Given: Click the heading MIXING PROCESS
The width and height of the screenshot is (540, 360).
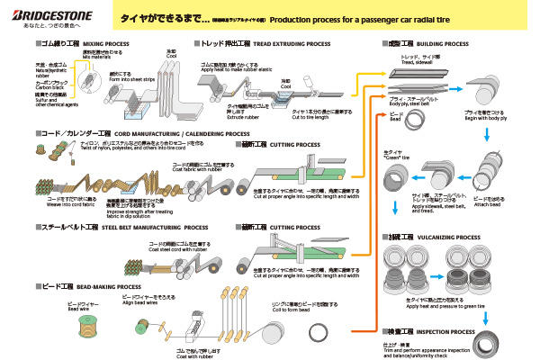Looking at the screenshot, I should pos(107,42).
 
